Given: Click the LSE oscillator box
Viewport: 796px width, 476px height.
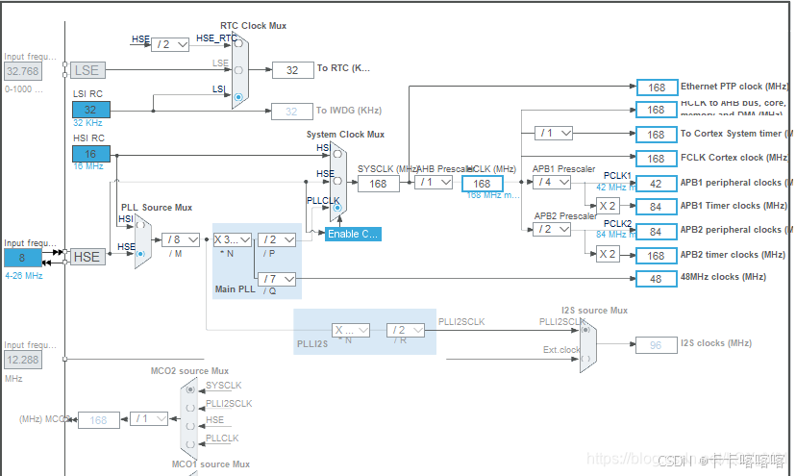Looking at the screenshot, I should (88, 70).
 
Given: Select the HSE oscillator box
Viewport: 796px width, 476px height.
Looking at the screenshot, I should (87, 257).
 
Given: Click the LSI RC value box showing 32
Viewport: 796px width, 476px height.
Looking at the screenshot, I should (90, 110).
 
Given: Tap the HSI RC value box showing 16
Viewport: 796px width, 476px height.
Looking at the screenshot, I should (90, 154).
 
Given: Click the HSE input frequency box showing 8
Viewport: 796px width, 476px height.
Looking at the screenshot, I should (21, 257).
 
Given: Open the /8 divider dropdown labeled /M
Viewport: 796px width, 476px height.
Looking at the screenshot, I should (181, 239).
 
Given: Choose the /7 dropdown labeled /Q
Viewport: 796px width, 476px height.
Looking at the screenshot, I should (277, 279).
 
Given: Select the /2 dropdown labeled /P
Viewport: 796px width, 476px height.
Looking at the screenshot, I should (277, 239).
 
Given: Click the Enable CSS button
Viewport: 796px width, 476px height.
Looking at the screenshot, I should (353, 234).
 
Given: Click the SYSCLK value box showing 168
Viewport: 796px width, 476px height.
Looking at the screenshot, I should (379, 184).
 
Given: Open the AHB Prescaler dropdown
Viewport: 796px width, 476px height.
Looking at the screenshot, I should (435, 183).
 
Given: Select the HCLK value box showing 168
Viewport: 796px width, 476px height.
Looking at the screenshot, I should (483, 184).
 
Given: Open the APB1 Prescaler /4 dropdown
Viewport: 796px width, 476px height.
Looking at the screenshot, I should (553, 183).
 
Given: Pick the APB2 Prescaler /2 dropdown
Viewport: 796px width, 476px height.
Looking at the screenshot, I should (553, 230).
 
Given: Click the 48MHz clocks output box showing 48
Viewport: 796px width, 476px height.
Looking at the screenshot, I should (656, 278).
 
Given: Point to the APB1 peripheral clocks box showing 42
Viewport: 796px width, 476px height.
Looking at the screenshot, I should (656, 183).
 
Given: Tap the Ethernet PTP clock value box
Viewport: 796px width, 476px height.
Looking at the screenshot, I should (656, 88).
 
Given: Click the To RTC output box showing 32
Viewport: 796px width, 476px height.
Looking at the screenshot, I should (291, 69).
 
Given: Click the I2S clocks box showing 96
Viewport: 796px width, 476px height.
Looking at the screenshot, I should (656, 343).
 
